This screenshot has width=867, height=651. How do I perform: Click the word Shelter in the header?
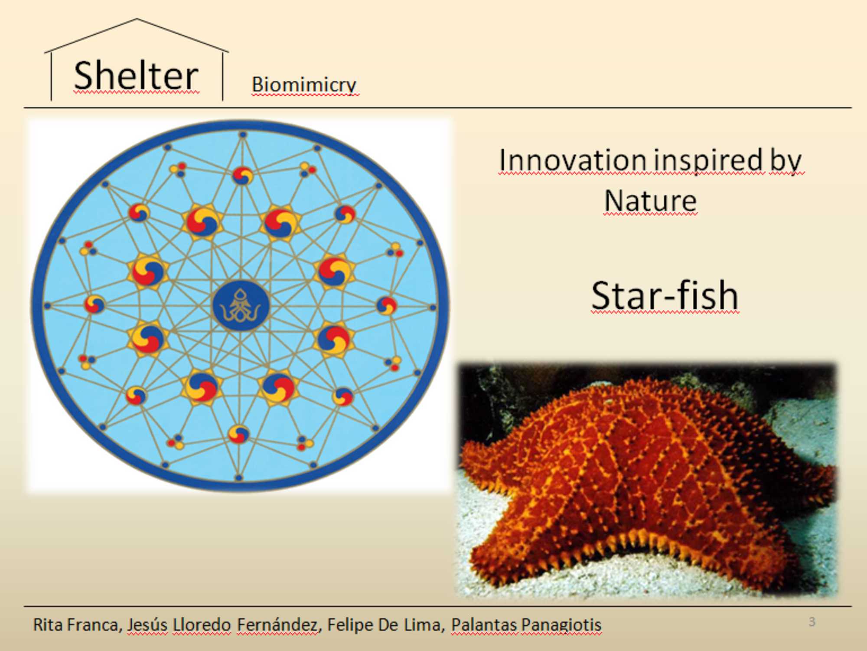(x=136, y=75)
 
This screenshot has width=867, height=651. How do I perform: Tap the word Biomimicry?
(x=304, y=85)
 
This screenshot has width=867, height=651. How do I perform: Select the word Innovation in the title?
(x=573, y=160)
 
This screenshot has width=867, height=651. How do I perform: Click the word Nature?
(x=650, y=201)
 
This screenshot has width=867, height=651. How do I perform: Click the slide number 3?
(x=812, y=622)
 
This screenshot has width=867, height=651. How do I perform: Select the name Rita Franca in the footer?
(x=75, y=625)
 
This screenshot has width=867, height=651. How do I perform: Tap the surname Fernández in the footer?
(x=278, y=625)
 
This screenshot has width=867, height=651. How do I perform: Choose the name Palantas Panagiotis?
(x=526, y=625)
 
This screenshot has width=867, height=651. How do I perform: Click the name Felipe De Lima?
(x=385, y=625)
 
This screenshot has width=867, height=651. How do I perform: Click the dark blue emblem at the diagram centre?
(x=241, y=305)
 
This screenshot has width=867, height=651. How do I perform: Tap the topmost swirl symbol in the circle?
(x=242, y=176)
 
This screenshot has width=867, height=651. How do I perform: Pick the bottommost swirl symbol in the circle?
(x=239, y=434)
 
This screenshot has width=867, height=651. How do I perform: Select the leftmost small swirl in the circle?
(x=95, y=304)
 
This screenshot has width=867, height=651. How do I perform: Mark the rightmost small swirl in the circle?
(x=386, y=305)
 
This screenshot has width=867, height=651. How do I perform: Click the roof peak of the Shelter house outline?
(x=137, y=19)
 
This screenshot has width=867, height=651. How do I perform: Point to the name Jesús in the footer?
(x=147, y=625)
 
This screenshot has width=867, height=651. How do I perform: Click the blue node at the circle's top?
(x=243, y=135)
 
